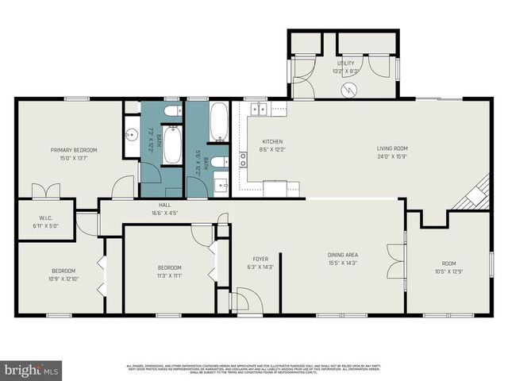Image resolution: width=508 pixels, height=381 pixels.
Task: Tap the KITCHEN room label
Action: coord(272,142)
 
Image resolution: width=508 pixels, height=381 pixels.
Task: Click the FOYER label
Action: coord(260,259)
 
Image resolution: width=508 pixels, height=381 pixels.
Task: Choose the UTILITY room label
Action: coord(345,63)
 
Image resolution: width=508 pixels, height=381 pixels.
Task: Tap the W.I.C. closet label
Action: coord(46,218)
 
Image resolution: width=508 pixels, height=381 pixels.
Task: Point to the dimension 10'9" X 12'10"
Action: coord(64,279)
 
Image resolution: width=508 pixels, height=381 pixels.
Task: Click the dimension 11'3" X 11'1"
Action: coord(169,275)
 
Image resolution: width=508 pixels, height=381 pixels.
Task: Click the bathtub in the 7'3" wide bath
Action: coord(171,145)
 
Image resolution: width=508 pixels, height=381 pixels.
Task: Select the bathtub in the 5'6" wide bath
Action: coord(219,122)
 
